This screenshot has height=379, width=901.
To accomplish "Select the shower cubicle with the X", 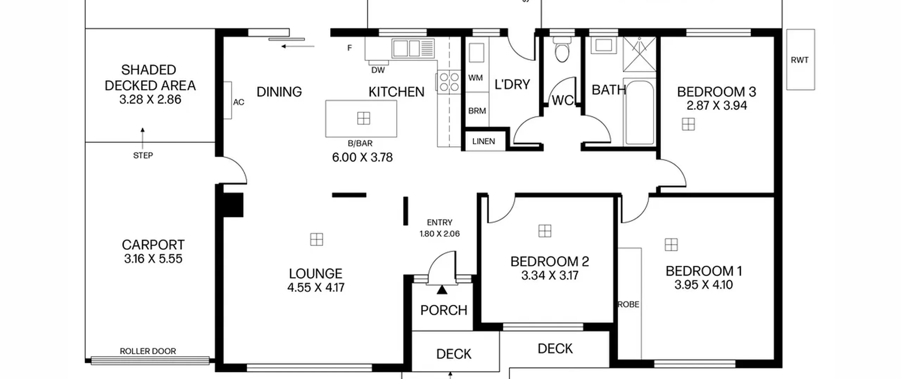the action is click(639, 54).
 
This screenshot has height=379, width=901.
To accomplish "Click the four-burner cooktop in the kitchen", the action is click(449, 82).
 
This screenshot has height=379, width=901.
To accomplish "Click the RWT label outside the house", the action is click(800, 60).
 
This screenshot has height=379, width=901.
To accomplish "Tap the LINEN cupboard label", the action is click(484, 141).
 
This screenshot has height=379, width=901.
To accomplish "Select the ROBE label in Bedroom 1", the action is click(629, 304).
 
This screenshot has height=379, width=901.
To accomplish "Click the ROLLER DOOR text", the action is click(148, 351).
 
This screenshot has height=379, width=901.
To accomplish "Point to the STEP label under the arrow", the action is click(143, 155).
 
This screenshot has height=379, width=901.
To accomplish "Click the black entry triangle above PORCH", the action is click(442, 290).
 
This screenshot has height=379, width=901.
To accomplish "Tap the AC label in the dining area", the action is click(239, 102).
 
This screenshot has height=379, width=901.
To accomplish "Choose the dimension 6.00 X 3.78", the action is click(362, 157).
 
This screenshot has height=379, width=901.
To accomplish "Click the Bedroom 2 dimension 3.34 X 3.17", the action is click(550, 275).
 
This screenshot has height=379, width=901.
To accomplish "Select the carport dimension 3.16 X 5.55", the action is click(153, 259).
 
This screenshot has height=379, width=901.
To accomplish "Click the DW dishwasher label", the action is click(378, 70).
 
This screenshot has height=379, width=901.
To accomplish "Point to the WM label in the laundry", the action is click(475, 78).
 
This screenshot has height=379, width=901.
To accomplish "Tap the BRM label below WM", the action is click(477, 111).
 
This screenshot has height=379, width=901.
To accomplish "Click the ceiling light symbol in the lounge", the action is click(316, 239).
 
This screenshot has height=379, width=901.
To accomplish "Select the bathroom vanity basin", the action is click(604, 45).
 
